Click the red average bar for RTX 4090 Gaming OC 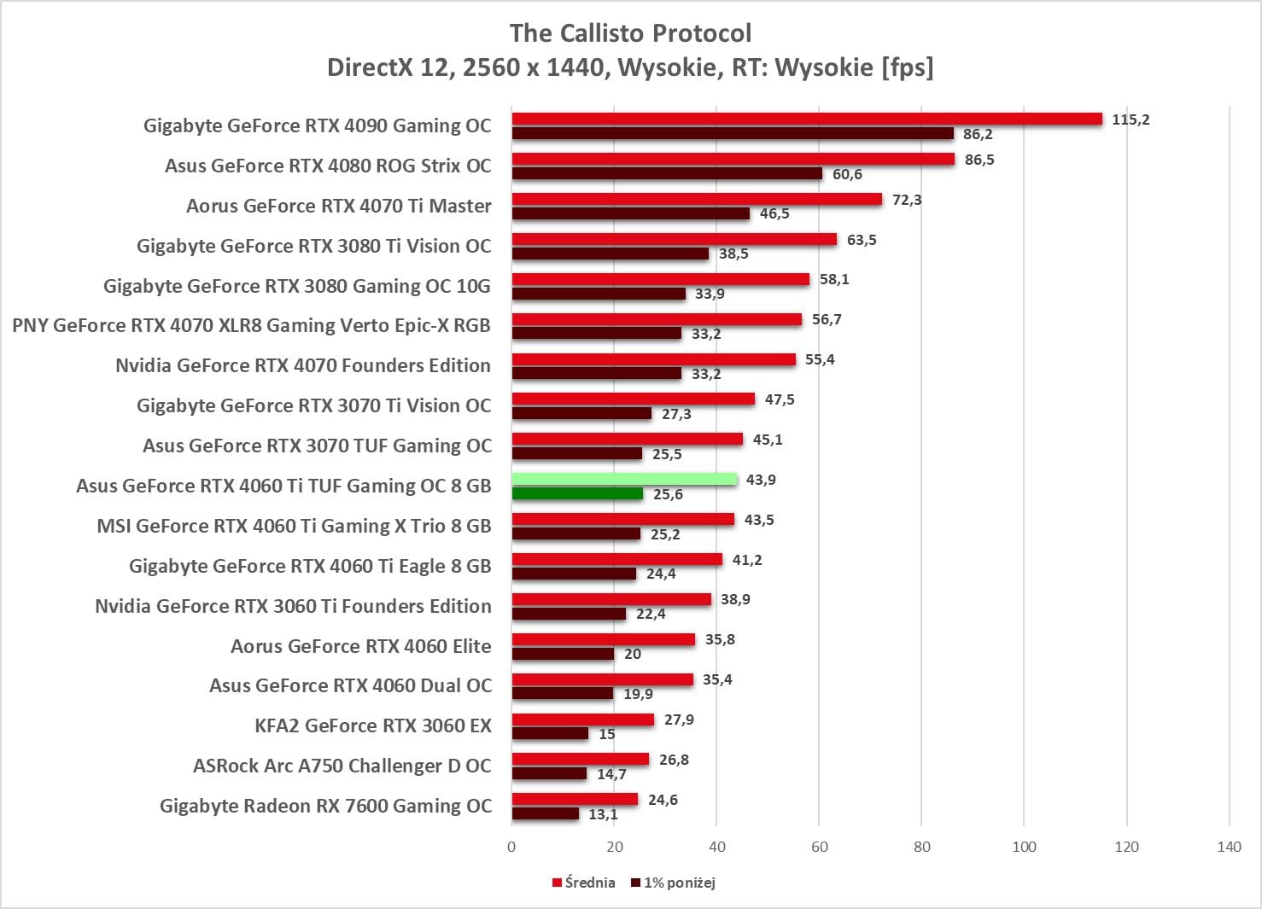coord(807,119)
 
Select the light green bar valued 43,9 coord(624,480)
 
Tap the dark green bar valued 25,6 coord(577,494)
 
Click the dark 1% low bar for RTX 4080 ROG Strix coord(667,174)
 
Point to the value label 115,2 coord(1131,119)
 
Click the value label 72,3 coord(907,200)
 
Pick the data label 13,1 coord(603,814)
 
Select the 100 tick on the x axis coord(1024,847)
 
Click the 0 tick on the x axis coord(511,847)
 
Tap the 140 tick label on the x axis coord(1229,847)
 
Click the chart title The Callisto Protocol coord(630,33)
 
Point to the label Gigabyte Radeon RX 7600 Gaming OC coord(325,806)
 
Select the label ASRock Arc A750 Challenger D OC coord(342,766)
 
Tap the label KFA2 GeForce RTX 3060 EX coord(373,725)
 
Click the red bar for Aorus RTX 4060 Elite coord(603,639)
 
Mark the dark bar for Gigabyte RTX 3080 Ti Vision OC coord(610,253)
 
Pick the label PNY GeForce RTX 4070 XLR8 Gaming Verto coord(251,325)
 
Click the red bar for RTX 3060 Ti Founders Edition coord(611,599)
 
